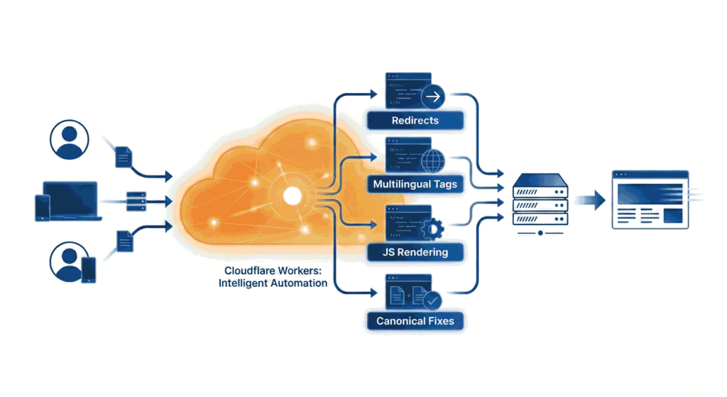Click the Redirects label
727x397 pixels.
415,120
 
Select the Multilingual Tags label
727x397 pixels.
415,185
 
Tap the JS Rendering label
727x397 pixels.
415,251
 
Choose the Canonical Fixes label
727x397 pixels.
415,321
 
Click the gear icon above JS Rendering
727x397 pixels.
432,228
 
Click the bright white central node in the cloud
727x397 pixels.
291,195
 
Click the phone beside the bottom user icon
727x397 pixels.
89,270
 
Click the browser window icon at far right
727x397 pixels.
650,200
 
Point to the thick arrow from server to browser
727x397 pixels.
589,200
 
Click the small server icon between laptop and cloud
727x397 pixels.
136,201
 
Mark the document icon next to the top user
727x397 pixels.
123,156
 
